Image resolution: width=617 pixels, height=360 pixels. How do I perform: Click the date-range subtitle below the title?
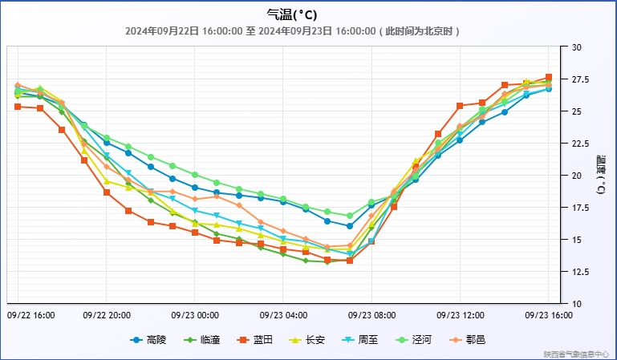[292, 31]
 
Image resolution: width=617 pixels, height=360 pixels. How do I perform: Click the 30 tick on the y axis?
[576, 47]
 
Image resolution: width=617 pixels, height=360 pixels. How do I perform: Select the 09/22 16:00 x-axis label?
[30, 315]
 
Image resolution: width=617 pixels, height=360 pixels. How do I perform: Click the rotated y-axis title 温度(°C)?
[601, 176]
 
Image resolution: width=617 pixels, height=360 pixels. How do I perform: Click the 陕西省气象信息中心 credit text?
[577, 354]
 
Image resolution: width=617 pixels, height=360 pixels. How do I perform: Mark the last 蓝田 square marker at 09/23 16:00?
[549, 77]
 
